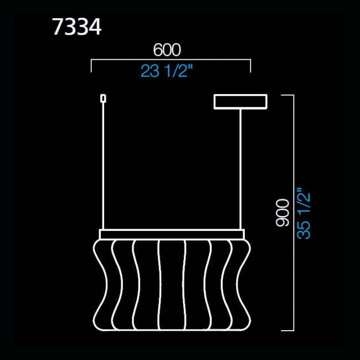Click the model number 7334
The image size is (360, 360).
click(x=76, y=27)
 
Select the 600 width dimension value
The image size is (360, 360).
click(x=167, y=50)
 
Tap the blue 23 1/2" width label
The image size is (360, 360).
click(x=167, y=71)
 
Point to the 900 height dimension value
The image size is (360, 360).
click(x=282, y=212)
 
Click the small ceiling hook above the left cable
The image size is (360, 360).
click(x=102, y=98)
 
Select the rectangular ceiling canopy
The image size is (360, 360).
click(x=240, y=101)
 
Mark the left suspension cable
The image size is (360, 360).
click(x=102, y=166)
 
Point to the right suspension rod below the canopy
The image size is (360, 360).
click(x=240, y=166)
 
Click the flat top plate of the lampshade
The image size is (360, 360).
click(x=171, y=233)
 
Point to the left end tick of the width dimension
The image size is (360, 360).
click(x=91, y=66)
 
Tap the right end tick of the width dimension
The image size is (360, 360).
click(x=251, y=66)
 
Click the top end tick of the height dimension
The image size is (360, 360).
click(x=287, y=95)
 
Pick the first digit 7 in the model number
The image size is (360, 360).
click(x=58, y=27)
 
